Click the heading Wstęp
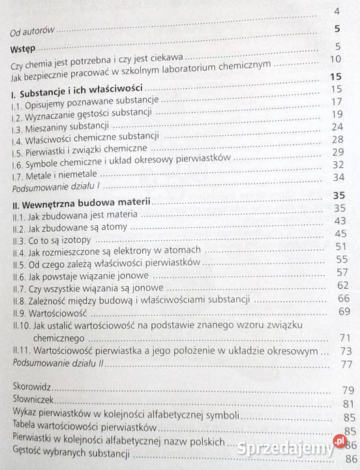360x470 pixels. pyautogui.click(x=23, y=49)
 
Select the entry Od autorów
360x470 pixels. pyautogui.click(x=33, y=30)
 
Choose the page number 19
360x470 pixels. pyautogui.click(x=337, y=114)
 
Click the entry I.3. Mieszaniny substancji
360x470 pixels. pyautogui.click(x=61, y=125)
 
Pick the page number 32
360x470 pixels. pyautogui.click(x=337, y=164)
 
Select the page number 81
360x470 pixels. pyautogui.click(x=348, y=403)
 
